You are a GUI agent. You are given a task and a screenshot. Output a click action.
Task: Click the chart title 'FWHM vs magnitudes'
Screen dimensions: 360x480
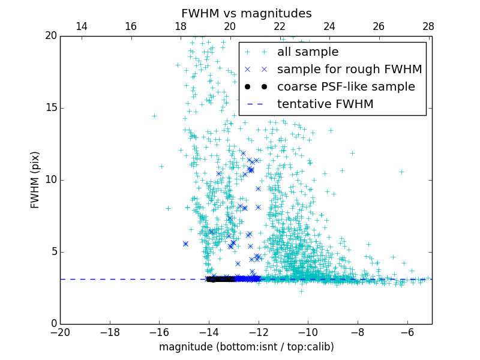pos(246,13)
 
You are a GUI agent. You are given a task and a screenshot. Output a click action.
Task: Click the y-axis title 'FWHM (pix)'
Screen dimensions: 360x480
pos(35,179)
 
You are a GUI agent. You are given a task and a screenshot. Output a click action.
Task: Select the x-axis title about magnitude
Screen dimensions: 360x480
pos(246,347)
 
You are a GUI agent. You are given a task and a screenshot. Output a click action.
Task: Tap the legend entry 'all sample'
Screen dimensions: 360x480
pos(308,52)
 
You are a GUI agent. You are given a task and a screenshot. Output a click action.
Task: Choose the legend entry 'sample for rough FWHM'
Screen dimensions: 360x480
pos(349,69)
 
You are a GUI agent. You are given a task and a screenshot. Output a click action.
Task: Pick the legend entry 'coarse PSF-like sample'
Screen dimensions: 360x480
pos(346,86)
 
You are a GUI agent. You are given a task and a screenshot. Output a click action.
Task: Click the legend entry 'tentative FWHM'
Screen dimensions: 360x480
pos(325,104)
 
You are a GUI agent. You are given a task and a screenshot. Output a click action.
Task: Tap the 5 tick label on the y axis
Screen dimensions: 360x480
pos(52,252)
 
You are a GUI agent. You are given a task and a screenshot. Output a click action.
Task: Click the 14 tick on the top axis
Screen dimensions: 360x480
pos(81,26)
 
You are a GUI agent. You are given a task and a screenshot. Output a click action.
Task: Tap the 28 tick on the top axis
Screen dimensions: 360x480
pos(428,26)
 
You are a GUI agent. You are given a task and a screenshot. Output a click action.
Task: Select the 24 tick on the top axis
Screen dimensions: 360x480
pos(329,26)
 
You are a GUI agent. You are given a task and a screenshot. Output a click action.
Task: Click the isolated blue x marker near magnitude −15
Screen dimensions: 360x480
pos(185,244)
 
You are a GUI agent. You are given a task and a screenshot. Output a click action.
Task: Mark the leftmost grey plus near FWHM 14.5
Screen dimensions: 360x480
pos(154,116)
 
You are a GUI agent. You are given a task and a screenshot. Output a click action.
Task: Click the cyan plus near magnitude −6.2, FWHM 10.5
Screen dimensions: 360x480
pos(401,172)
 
